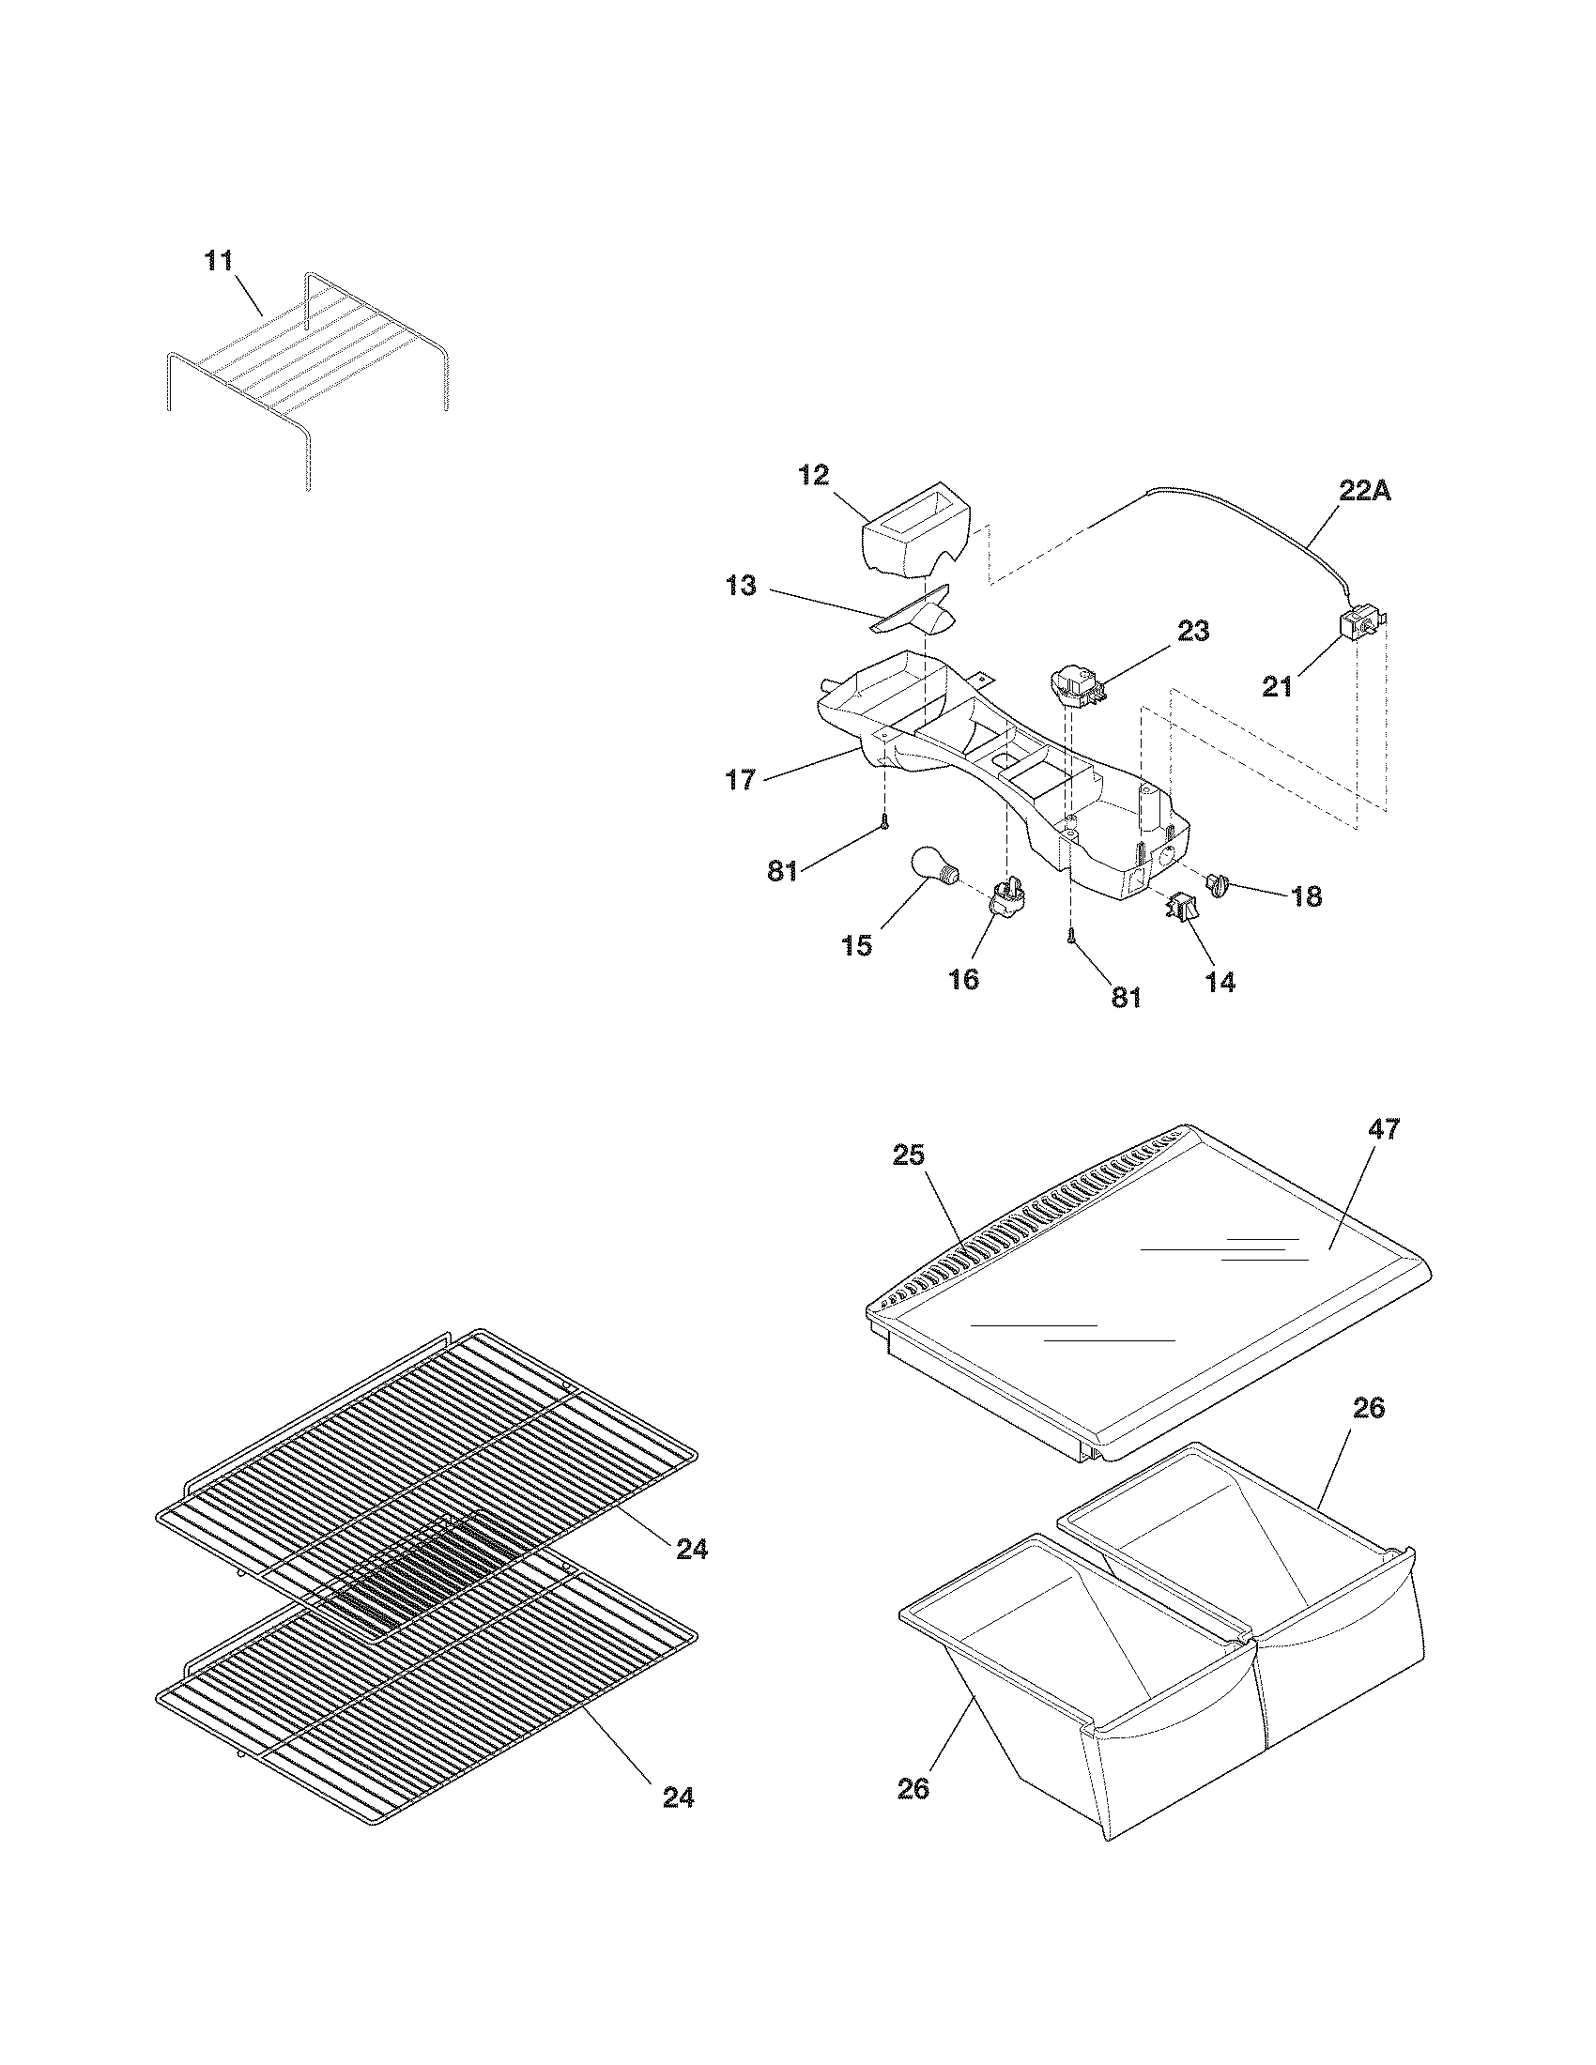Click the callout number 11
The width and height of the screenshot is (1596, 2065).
220,262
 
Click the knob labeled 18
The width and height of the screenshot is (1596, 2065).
1219,885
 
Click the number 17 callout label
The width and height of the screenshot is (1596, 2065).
742,780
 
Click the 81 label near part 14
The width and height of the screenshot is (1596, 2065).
1126,998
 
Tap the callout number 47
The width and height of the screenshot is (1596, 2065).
1383,1129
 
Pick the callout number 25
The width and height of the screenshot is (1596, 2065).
909,1155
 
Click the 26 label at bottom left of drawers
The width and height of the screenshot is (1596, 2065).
913,1789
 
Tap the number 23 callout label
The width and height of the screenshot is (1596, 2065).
1193,631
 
